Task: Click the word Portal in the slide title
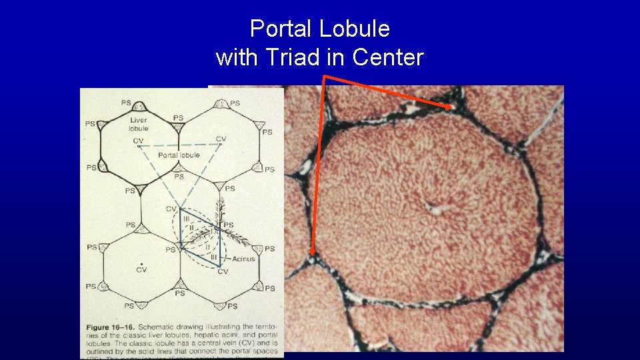tap(281, 29)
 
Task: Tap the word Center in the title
tap(388, 58)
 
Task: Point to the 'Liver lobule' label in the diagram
tap(139, 124)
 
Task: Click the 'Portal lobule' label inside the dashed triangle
tap(179, 155)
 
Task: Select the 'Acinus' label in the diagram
tap(243, 259)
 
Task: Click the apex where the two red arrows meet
tap(325, 77)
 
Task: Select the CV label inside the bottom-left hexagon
tap(141, 270)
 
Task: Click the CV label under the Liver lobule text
tap(138, 141)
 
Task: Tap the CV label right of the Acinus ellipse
tap(223, 272)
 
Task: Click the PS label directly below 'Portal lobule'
tap(178, 177)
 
